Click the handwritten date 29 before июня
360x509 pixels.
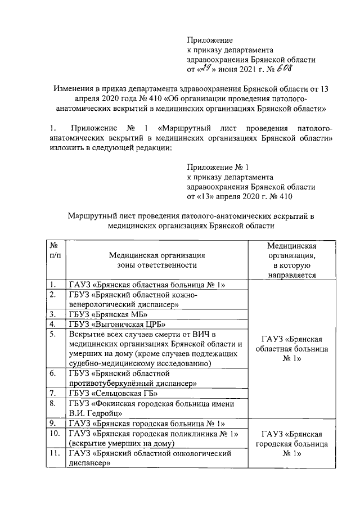pos(204,69)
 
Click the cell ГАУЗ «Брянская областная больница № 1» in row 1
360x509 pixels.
pos(147,285)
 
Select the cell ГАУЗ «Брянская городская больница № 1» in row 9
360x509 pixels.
pos(147,423)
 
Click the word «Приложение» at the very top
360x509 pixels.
pos(209,40)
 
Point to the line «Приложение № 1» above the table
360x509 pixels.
pos(217,167)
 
